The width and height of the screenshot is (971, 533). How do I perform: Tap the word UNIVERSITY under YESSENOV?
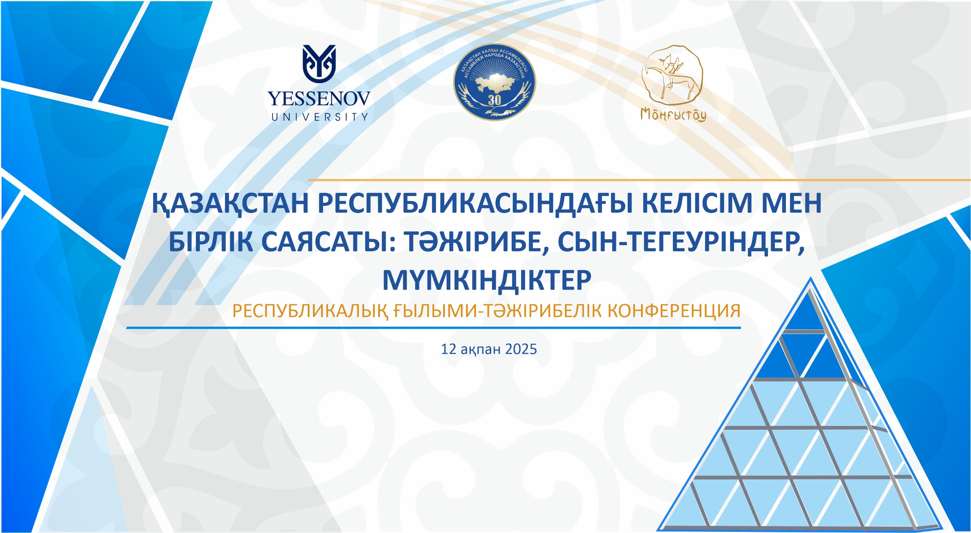(x=320, y=117)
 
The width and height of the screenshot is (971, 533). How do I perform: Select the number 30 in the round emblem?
(x=494, y=100)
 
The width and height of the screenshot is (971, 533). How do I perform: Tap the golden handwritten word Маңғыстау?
(x=673, y=114)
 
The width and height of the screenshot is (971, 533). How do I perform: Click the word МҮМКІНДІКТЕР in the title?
(x=487, y=281)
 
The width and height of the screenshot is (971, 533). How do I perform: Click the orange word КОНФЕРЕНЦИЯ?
(x=674, y=311)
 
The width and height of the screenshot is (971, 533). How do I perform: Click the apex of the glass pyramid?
(x=811, y=277)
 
